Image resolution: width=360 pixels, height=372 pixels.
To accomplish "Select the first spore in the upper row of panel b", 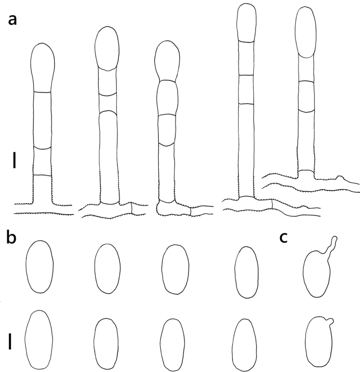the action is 39,266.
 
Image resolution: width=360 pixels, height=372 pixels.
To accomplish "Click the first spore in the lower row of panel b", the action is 39,339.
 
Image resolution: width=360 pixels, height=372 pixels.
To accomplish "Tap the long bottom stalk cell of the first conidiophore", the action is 42,120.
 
